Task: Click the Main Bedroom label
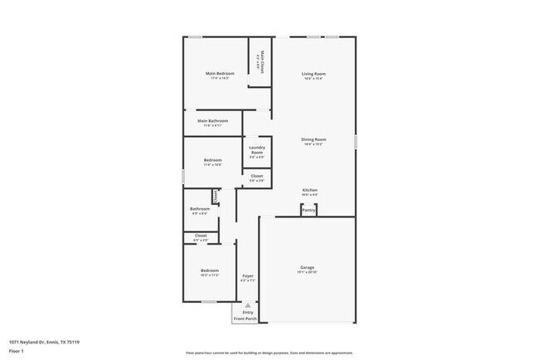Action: point(220,74)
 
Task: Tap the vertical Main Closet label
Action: point(262,62)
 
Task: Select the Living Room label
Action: point(313,74)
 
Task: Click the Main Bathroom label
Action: point(213,121)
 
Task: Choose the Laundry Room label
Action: point(257,150)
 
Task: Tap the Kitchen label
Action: point(309,190)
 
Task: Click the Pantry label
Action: point(308,210)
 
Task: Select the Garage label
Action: point(307,267)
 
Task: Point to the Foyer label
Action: point(247,275)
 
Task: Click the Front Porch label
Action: point(245,319)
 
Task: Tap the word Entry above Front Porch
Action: point(247,312)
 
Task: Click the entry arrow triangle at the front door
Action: point(247,304)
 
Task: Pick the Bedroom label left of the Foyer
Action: point(209,270)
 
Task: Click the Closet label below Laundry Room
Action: point(257,176)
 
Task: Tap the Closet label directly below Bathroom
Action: point(201,236)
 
